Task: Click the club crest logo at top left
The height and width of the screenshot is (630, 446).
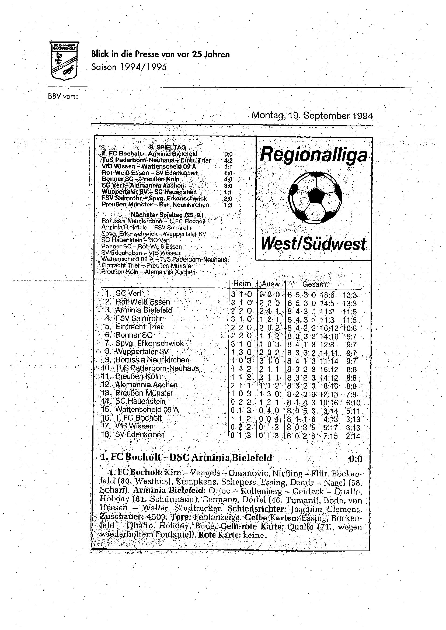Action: (x=64, y=61)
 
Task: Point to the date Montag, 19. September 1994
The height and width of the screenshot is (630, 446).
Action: (x=312, y=116)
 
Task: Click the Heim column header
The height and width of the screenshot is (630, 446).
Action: (x=242, y=284)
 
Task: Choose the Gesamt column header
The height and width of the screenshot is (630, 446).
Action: (x=315, y=284)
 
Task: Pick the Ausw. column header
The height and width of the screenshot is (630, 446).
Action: (x=271, y=284)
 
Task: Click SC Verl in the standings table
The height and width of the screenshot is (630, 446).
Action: (x=128, y=293)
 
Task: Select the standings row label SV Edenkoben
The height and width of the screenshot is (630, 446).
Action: (x=140, y=435)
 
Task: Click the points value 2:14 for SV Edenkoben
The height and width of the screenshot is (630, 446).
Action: (x=353, y=436)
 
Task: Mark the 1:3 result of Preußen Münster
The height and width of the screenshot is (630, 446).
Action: (x=228, y=205)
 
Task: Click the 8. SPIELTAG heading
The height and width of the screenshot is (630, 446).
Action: (x=168, y=148)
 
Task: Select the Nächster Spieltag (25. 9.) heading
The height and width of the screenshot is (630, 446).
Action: (x=167, y=215)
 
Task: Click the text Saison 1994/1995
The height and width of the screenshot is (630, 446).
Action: (x=129, y=67)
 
